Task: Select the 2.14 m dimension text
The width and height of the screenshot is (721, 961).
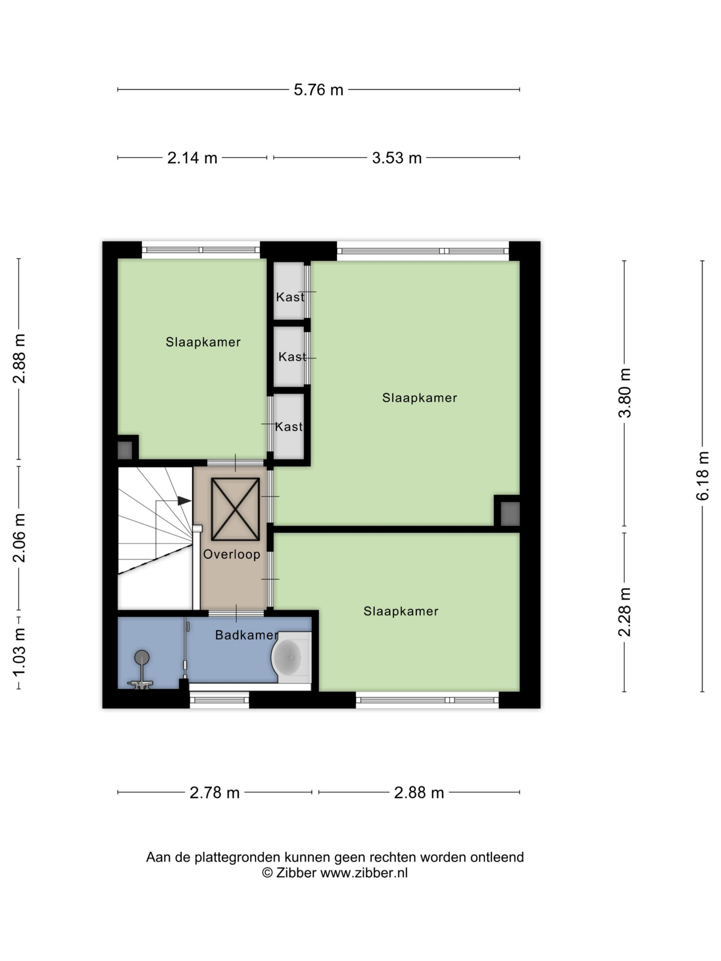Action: coord(192,158)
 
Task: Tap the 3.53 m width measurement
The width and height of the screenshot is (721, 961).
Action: coord(397,158)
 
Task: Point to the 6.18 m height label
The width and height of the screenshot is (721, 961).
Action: coord(702,476)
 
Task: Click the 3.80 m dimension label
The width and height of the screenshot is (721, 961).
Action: coord(624,393)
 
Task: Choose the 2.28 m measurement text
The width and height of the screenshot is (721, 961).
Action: coord(624,612)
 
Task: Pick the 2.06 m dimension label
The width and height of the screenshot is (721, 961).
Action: coord(19,538)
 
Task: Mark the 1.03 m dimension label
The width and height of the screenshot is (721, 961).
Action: coord(19,652)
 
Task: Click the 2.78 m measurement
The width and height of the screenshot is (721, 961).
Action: coord(215,793)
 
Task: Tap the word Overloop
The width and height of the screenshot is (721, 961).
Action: coord(232,554)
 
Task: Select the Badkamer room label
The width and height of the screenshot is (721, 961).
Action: coord(246,635)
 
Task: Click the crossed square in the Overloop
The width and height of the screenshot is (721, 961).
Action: coord(235,509)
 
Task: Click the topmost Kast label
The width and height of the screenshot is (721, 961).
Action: coord(290,297)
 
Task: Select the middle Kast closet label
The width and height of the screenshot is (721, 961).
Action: coord(292,357)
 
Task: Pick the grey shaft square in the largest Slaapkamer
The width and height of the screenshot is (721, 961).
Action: coord(510,514)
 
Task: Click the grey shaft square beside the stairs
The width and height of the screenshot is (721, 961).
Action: coord(125,450)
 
